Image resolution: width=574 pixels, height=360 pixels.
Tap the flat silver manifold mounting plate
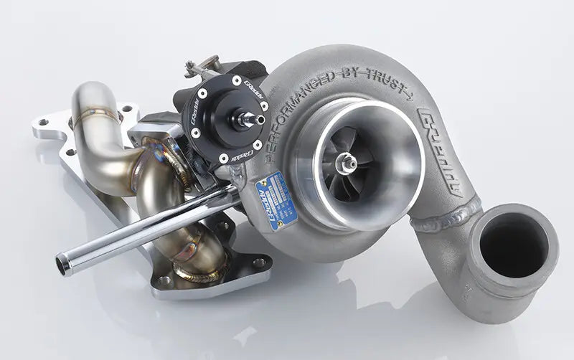coord(108,186)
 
